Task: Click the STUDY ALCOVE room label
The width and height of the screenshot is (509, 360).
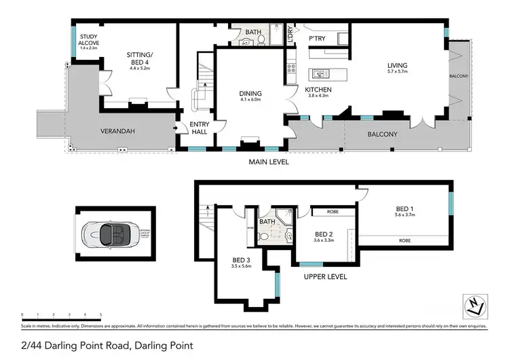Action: click(x=88, y=37)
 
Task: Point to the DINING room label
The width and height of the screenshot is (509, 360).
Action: click(x=250, y=94)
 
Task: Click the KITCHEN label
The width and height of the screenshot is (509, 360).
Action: click(x=318, y=90)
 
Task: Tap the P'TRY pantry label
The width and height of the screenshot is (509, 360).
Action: click(x=318, y=39)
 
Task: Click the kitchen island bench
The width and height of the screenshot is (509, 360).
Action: click(x=327, y=73)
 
